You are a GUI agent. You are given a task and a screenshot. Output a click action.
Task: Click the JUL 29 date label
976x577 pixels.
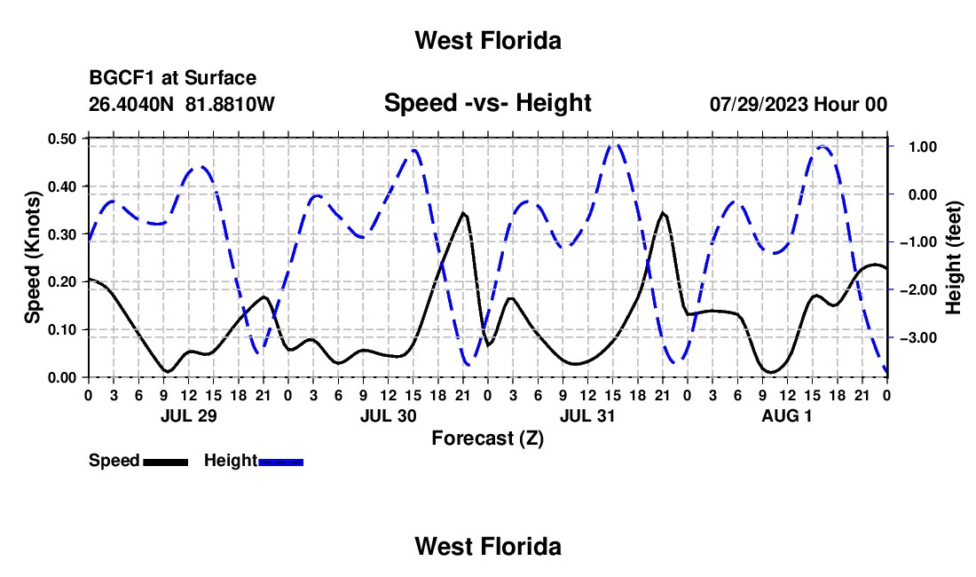pos(189,415)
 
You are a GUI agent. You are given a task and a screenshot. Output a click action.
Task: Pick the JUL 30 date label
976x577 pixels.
pos(389,415)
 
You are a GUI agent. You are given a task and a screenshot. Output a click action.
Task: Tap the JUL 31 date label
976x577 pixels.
pos(587,415)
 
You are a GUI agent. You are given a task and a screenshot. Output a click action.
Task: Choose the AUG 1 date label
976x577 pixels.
pos(787,415)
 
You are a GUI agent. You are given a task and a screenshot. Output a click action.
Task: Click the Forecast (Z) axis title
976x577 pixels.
pos(488,439)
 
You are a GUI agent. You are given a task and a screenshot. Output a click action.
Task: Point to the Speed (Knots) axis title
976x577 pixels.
pos(32,257)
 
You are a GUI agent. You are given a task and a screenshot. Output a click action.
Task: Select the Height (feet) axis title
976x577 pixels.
pos(954,257)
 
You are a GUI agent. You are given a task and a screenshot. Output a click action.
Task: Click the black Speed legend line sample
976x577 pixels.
pos(166,462)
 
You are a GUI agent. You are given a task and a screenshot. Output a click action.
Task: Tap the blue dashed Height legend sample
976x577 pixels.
pos(280,462)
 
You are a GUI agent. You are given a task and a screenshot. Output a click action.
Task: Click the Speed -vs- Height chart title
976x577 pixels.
pos(488,103)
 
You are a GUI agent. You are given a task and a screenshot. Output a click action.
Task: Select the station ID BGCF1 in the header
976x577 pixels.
pos(122,78)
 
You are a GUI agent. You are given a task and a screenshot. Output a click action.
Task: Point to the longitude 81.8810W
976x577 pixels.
pos(230,104)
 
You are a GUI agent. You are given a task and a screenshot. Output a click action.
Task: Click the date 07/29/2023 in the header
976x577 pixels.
pos(760,104)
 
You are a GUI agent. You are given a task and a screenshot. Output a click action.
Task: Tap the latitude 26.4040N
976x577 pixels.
pos(131,104)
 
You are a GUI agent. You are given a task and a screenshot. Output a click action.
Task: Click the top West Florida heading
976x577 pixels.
pos(488,41)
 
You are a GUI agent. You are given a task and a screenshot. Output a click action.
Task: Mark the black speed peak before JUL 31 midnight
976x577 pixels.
pos(663,213)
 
